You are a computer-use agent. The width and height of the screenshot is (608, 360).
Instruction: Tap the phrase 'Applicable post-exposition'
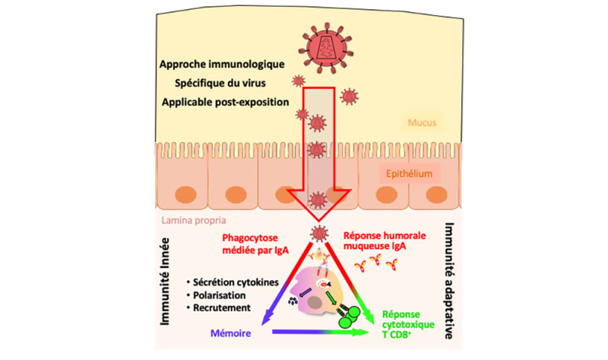226,101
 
